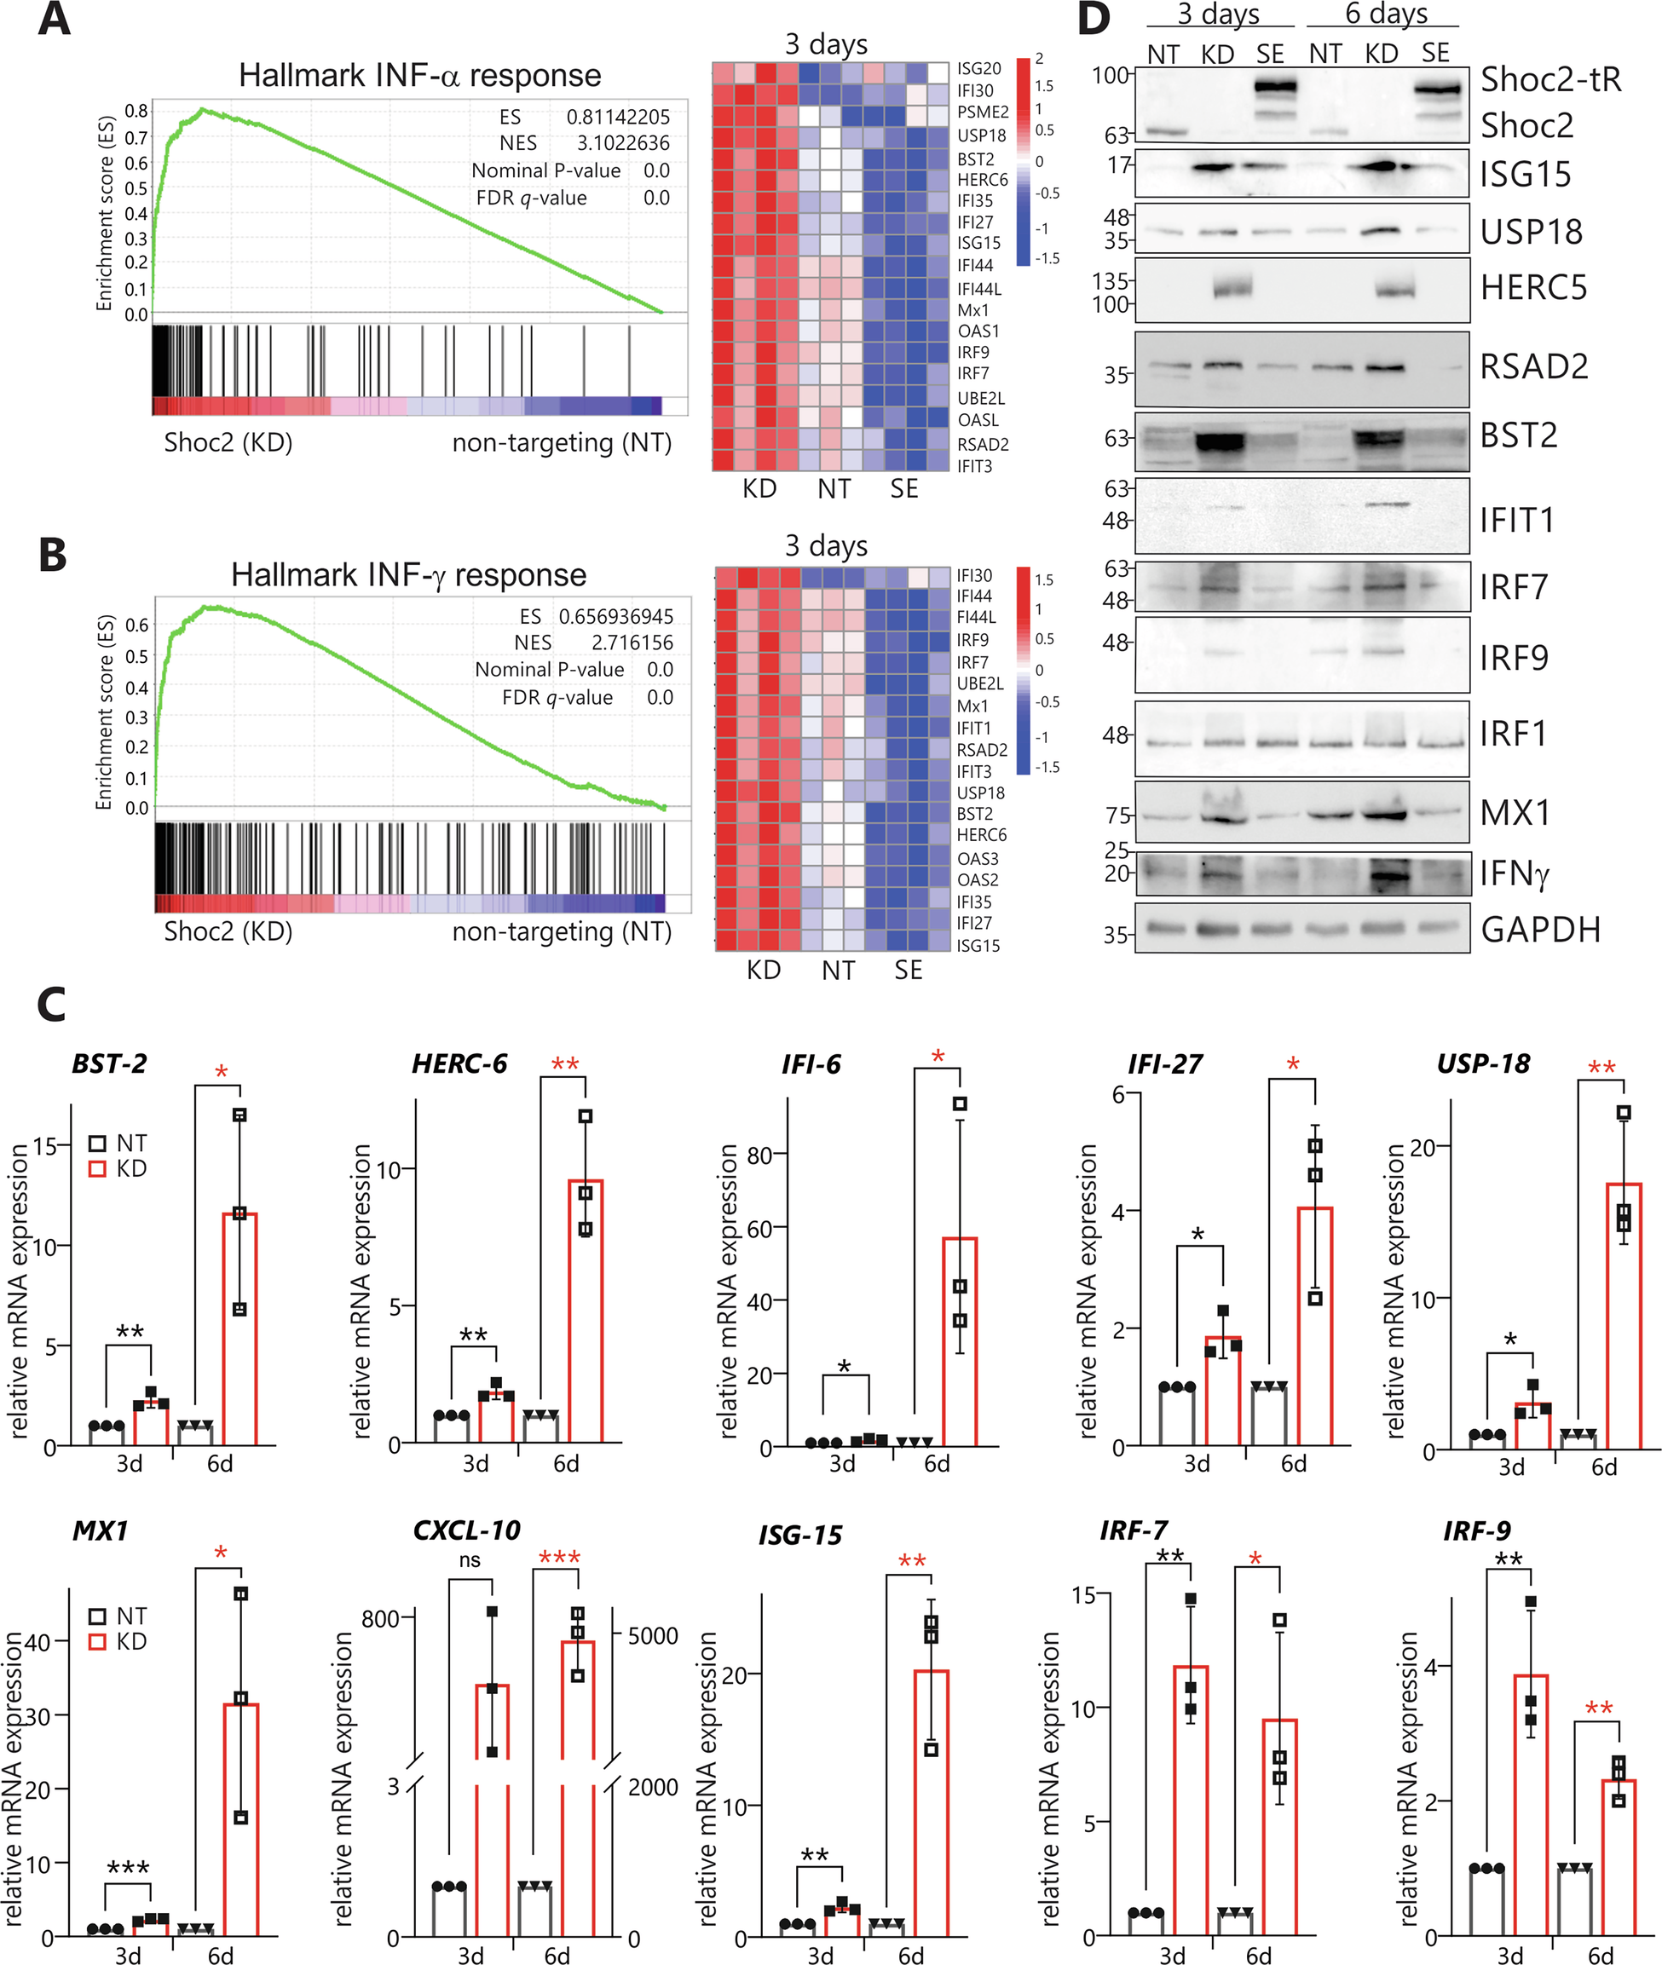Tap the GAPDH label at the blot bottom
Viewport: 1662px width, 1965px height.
tap(1540, 930)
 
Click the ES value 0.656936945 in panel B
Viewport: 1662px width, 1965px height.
tap(615, 616)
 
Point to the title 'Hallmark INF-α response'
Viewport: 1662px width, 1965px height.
tap(419, 75)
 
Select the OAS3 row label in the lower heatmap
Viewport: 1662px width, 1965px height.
tap(977, 858)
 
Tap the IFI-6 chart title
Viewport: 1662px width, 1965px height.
tap(811, 1064)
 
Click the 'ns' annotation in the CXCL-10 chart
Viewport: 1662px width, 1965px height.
tap(470, 1561)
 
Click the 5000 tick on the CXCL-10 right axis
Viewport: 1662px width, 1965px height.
tap(653, 1635)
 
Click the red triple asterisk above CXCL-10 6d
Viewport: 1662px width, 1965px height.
tap(559, 1557)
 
